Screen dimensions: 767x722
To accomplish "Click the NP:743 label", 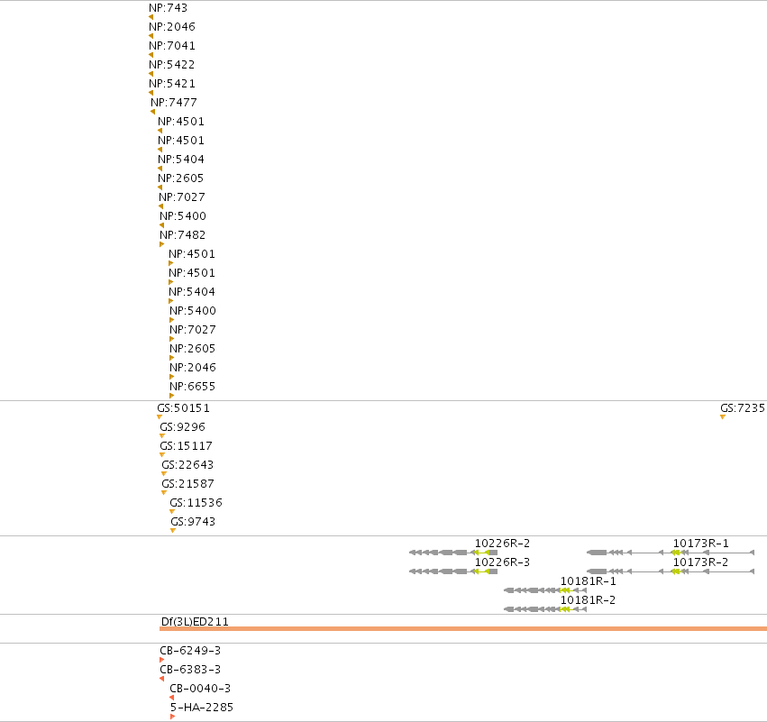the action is click(x=168, y=8).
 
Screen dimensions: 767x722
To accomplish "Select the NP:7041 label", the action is click(x=171, y=45).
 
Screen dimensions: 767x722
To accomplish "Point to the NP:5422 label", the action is click(x=171, y=65).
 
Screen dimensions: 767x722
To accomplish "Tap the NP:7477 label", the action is click(x=174, y=102).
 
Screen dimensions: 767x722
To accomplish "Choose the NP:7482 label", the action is click(x=182, y=234).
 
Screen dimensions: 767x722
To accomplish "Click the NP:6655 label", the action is click(x=192, y=387).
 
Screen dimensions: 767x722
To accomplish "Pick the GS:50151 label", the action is click(x=184, y=408).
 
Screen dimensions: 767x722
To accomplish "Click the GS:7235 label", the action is click(x=743, y=408).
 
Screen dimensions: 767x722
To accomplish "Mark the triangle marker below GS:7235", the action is click(x=723, y=416).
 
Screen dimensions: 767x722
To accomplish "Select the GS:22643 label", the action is click(x=187, y=465).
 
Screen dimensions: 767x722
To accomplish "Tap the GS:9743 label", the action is click(x=193, y=521).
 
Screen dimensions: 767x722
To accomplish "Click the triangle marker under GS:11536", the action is click(x=171, y=512).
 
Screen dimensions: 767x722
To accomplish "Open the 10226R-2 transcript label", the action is click(x=502, y=544).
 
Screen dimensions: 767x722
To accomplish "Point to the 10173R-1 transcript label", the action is click(x=701, y=544).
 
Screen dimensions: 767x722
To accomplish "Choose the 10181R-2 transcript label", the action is click(x=588, y=600).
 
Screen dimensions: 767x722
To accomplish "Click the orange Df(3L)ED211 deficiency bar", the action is click(x=463, y=628).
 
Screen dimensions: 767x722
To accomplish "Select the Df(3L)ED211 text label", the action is click(x=195, y=622).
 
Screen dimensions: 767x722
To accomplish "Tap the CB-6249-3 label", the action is click(x=190, y=651).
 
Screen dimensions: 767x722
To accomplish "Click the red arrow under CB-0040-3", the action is click(x=171, y=698).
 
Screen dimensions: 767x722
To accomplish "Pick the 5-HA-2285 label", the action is click(x=202, y=708).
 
